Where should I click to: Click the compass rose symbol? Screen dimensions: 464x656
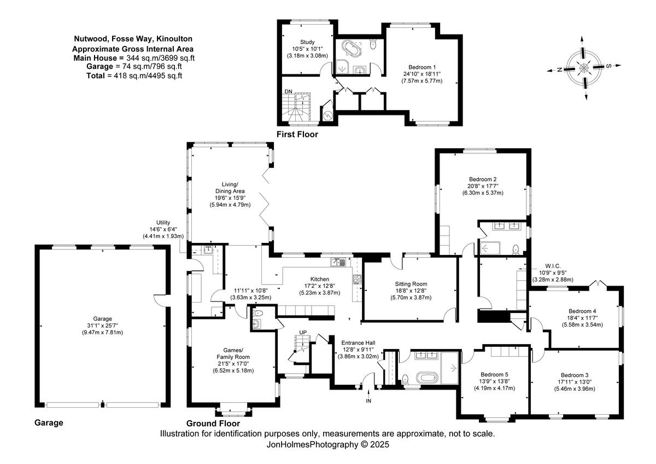click(584, 67)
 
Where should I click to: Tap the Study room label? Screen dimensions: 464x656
click(308, 42)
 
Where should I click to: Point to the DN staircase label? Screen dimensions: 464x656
click(288, 91)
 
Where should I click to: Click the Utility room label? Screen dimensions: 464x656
click(163, 222)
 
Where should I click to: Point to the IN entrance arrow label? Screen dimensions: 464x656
click(368, 401)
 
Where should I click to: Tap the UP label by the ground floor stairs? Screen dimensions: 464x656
click(302, 333)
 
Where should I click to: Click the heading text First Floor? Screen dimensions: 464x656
click(297, 134)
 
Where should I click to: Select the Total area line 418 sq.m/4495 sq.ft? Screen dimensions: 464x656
click(134, 76)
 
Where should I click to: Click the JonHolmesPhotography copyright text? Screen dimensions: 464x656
click(327, 445)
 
